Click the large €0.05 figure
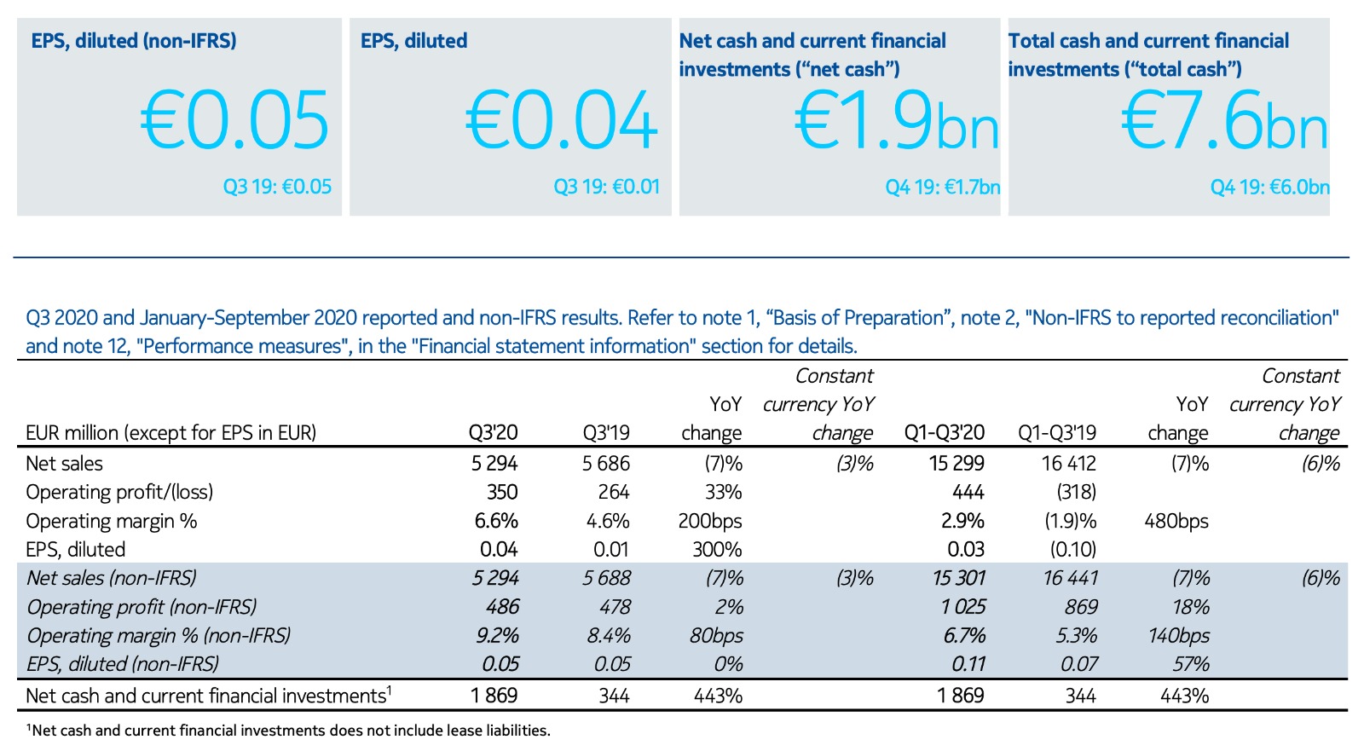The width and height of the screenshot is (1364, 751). [x=234, y=121]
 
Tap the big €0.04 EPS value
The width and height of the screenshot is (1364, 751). [x=562, y=121]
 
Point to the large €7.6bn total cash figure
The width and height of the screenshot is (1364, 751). [x=1224, y=121]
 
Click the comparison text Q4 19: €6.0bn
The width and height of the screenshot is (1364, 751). [x=1269, y=188]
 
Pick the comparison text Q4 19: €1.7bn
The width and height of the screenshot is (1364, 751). [x=942, y=188]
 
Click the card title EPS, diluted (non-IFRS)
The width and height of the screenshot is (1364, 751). [x=134, y=41]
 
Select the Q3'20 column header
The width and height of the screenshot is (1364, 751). [x=493, y=433]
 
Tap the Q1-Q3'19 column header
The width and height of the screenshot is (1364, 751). [x=1057, y=433]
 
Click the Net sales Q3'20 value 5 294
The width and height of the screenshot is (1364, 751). [x=494, y=464]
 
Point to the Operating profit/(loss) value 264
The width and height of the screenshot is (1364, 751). [x=614, y=493]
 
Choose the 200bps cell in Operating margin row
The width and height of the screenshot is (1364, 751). [x=710, y=521]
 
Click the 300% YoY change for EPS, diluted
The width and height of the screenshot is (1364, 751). [x=717, y=550]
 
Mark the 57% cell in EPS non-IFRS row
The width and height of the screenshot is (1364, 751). [x=1190, y=664]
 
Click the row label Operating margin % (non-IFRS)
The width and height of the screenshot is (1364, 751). [x=159, y=636]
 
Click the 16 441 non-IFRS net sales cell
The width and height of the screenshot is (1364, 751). [x=1070, y=578]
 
